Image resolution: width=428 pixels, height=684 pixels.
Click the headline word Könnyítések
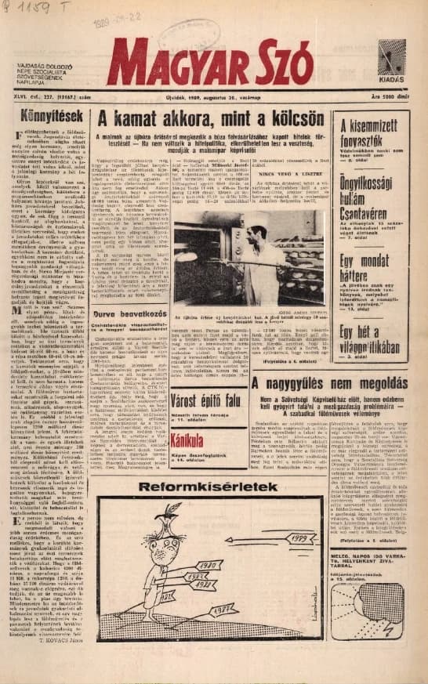pos(45,117)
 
